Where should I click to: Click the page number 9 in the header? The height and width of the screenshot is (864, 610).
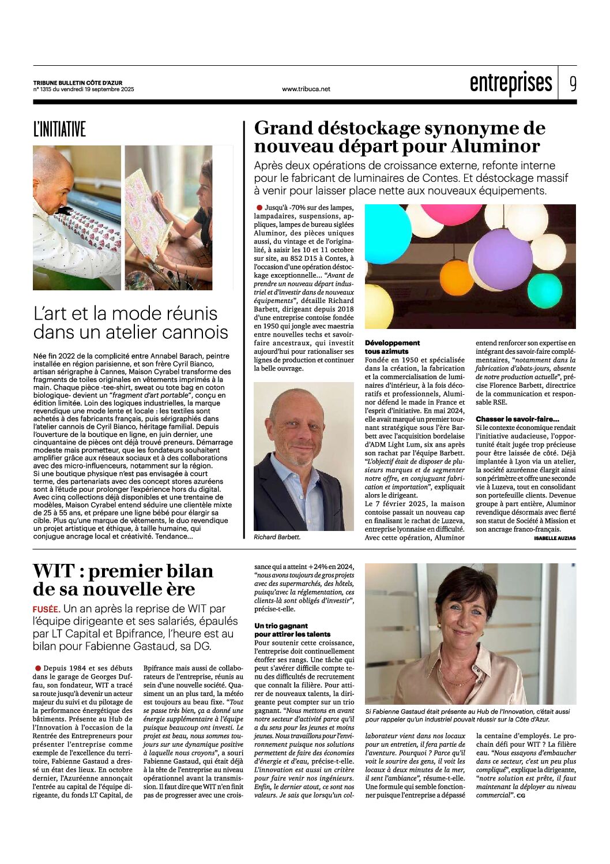coord(573,84)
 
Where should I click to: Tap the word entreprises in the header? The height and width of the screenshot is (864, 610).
coord(511,84)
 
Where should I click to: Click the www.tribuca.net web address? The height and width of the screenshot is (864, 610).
coord(306,89)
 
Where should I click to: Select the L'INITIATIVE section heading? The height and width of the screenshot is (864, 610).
coord(59,129)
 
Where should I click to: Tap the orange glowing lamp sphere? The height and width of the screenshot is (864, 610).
coord(456,277)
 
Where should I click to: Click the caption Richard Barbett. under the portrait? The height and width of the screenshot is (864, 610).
coord(277,537)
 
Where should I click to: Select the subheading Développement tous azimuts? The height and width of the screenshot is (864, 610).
coord(392,347)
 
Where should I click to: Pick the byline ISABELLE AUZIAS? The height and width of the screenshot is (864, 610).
coord(555,538)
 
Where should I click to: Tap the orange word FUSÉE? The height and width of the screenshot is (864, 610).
coord(47,609)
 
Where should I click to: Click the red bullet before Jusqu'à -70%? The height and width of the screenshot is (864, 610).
coord(259,207)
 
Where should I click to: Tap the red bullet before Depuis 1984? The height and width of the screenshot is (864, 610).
coord(38,668)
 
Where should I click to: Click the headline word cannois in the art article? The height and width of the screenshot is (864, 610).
coord(192,332)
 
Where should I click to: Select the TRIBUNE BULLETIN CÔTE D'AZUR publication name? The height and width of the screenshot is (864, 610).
coord(77,83)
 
